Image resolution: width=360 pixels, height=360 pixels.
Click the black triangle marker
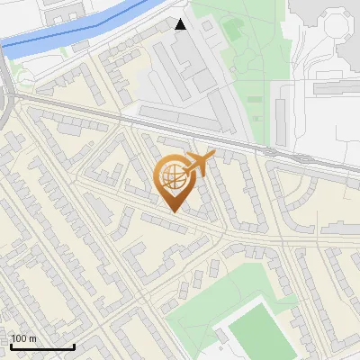[x=181, y=24]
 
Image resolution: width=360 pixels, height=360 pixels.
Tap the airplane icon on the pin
[x=199, y=163]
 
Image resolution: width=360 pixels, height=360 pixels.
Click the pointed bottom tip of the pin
[x=174, y=212]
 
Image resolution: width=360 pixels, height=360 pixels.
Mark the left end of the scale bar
[x=11, y=346]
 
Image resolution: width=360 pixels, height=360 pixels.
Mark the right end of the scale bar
[x=74, y=346]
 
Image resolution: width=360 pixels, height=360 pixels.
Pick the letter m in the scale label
[x=32, y=339]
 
